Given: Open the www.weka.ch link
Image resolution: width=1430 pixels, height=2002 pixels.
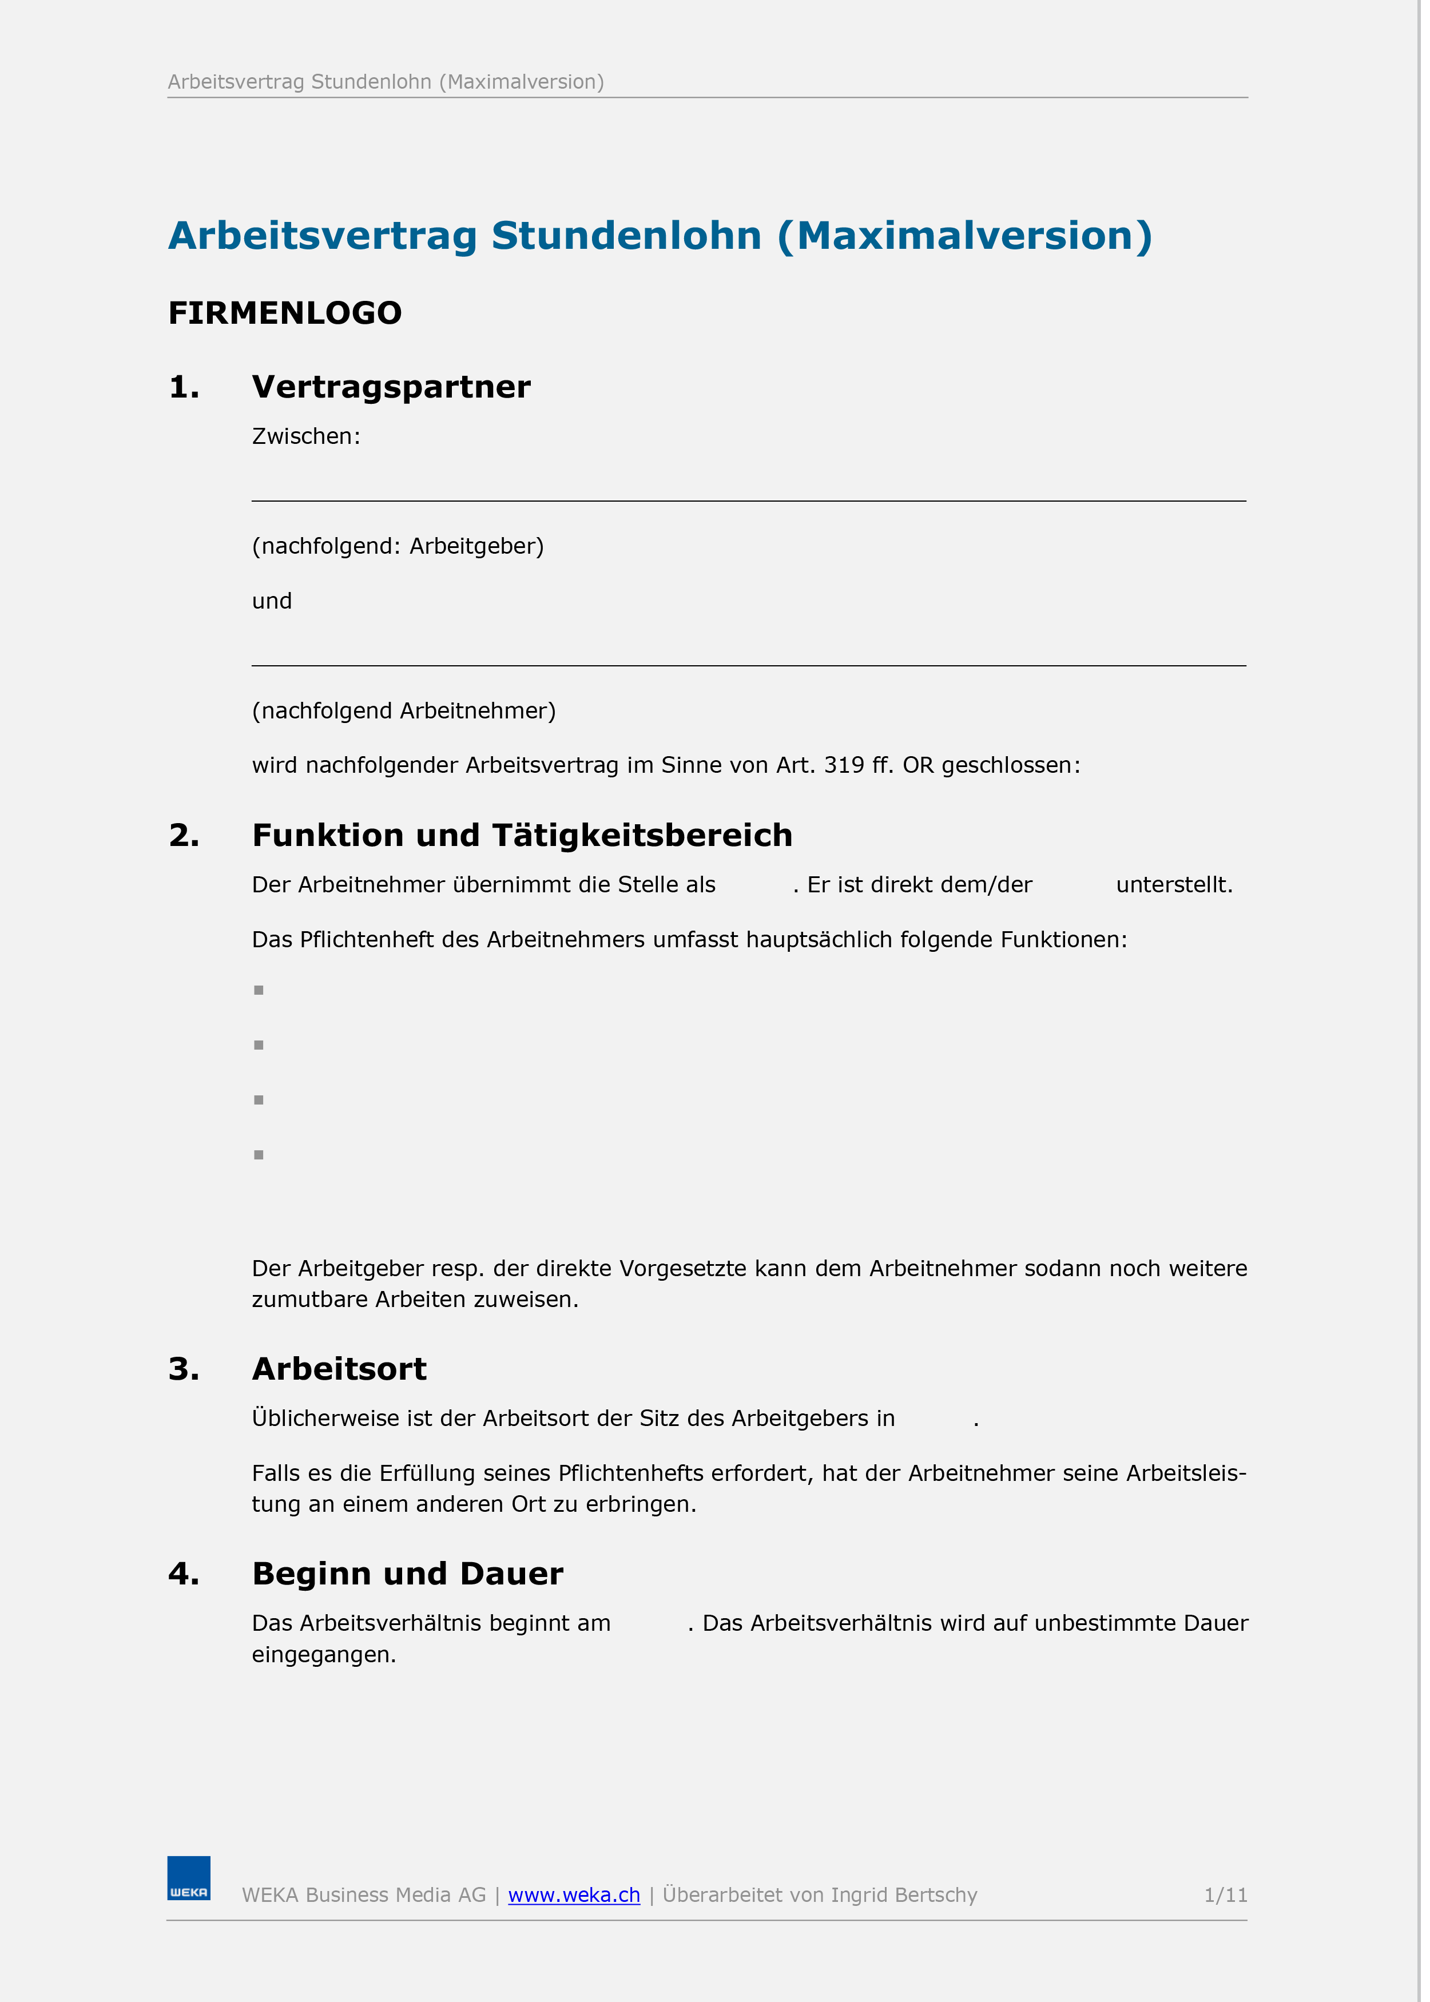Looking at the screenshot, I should point(574,1894).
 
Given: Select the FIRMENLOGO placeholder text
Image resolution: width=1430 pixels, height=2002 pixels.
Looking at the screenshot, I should point(284,312).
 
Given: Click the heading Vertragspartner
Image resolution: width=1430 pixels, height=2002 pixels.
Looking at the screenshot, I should point(391,387).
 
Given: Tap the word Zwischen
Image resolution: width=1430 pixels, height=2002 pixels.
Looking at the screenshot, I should point(305,436).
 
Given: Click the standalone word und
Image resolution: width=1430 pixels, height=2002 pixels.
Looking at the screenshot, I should point(271,601).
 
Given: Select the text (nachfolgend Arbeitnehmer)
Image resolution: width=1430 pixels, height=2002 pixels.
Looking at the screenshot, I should point(403,710).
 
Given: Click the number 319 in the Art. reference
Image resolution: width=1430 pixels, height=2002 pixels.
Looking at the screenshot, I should point(844,765).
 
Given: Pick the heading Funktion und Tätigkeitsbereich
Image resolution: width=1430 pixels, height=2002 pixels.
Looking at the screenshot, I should point(522,835).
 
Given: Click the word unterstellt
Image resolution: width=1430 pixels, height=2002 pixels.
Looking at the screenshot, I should point(1174,885).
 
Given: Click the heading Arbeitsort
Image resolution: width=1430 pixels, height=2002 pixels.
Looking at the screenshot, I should point(339,1369).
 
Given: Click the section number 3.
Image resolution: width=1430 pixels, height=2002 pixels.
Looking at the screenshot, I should point(183,1369).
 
